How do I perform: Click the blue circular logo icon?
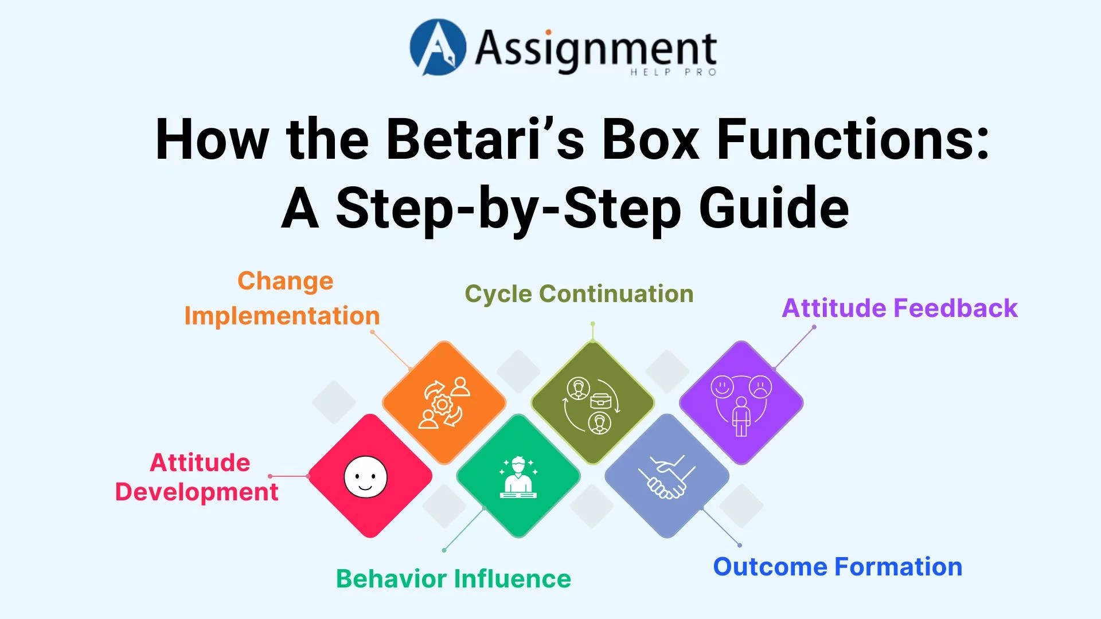438,47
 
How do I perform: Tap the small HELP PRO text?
673,72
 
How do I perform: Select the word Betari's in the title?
485,139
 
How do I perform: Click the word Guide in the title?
774,207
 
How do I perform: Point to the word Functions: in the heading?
853,139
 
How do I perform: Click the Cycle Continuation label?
579,294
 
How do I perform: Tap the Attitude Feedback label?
900,308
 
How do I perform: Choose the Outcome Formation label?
838,567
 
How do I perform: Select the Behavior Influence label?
454,579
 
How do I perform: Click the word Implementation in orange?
282,316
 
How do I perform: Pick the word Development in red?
197,492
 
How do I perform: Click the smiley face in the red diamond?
365,476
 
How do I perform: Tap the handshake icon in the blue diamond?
667,477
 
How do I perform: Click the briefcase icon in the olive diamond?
600,401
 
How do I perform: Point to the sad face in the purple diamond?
760,387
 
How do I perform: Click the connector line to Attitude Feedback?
794,348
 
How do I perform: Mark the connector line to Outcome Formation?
721,527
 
